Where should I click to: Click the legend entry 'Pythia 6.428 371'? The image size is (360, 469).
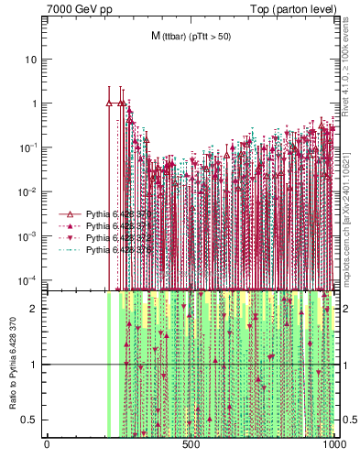[106, 225]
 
